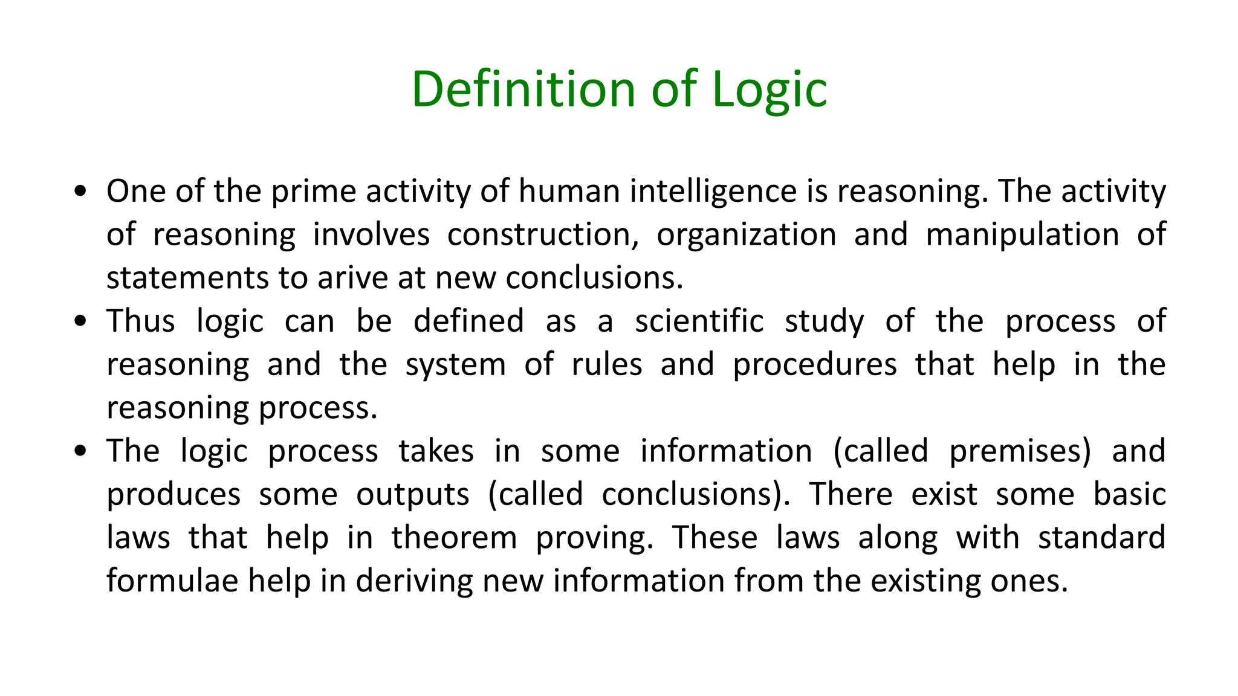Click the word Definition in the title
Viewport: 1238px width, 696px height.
(x=523, y=89)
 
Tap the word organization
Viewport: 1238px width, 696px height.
(x=747, y=234)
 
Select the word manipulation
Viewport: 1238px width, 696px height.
(x=1022, y=234)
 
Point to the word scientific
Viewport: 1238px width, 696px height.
(x=699, y=321)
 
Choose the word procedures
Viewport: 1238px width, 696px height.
(x=815, y=365)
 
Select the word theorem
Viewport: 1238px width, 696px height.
(x=454, y=538)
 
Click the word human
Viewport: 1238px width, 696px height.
(x=569, y=192)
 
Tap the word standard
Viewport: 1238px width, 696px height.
(x=1101, y=538)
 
